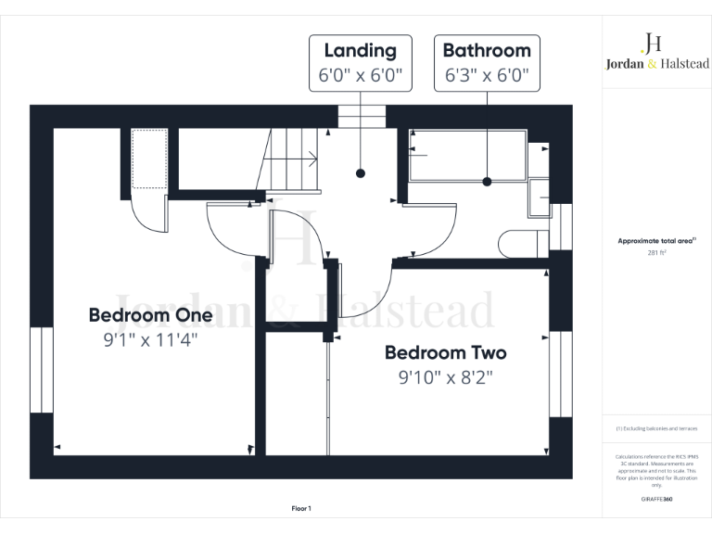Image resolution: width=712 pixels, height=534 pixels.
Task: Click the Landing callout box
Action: (x=360, y=63)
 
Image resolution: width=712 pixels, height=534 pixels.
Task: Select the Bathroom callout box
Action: (x=487, y=63)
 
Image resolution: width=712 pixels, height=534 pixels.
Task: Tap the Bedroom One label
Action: (x=150, y=315)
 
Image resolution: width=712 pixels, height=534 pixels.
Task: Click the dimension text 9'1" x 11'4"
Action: (x=150, y=340)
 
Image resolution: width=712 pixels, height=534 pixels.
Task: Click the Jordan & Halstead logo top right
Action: (x=655, y=54)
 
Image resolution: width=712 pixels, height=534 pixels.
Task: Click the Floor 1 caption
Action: (x=301, y=508)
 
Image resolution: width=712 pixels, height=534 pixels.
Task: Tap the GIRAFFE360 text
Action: (x=655, y=499)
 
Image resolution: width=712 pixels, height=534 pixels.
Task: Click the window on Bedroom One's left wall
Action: (x=41, y=370)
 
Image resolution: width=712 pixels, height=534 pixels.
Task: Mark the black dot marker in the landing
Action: (x=360, y=173)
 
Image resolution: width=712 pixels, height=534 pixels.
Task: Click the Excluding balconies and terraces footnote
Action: (x=655, y=428)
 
